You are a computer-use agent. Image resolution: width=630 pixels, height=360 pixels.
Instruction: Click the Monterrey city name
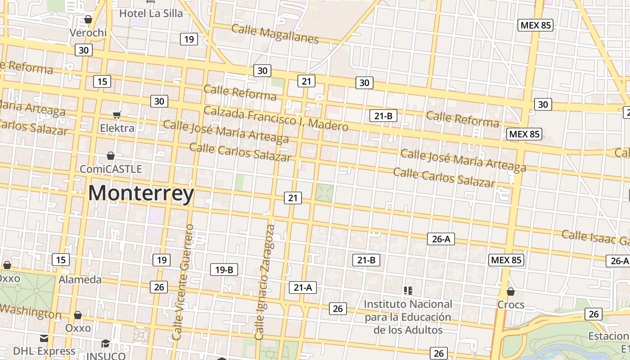pyautogui.click(x=141, y=193)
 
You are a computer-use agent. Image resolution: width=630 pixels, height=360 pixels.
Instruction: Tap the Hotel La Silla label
pyautogui.click(x=151, y=13)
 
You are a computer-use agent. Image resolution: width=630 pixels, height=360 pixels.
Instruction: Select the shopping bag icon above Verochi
pyautogui.click(x=88, y=19)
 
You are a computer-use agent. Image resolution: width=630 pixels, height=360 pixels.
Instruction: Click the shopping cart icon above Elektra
pyautogui.click(x=117, y=115)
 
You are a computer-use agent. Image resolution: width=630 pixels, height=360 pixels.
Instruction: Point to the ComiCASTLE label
pyautogui.click(x=111, y=169)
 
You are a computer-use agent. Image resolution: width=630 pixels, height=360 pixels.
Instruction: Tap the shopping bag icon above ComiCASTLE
pyautogui.click(x=111, y=156)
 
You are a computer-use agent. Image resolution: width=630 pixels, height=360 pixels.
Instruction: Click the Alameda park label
pyautogui.click(x=80, y=279)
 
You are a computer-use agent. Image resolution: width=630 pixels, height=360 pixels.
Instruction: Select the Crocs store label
pyautogui.click(x=511, y=305)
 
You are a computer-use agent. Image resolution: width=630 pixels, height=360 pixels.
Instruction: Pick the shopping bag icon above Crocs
pyautogui.click(x=510, y=292)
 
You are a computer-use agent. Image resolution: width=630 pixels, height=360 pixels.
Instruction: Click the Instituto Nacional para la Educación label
pyautogui.click(x=408, y=317)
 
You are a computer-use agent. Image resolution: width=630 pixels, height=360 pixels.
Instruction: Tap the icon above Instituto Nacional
pyautogui.click(x=408, y=291)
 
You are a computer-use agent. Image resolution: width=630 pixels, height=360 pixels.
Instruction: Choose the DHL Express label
pyautogui.click(x=44, y=351)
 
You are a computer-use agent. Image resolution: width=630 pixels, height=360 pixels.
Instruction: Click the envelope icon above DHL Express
pyautogui.click(x=44, y=338)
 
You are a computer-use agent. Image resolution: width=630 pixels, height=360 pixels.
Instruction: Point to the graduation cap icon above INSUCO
pyautogui.click(x=105, y=343)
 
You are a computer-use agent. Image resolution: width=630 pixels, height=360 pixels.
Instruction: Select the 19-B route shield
pyautogui.click(x=224, y=270)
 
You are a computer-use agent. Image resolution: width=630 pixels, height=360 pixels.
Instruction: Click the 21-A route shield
pyautogui.click(x=303, y=287)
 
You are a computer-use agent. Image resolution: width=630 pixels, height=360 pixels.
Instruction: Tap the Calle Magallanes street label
pyautogui.click(x=275, y=34)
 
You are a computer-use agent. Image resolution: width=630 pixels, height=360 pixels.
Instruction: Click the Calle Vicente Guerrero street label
pyautogui.click(x=184, y=282)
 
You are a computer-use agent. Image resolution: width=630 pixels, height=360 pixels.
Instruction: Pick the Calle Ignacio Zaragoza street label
pyautogui.click(x=265, y=282)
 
